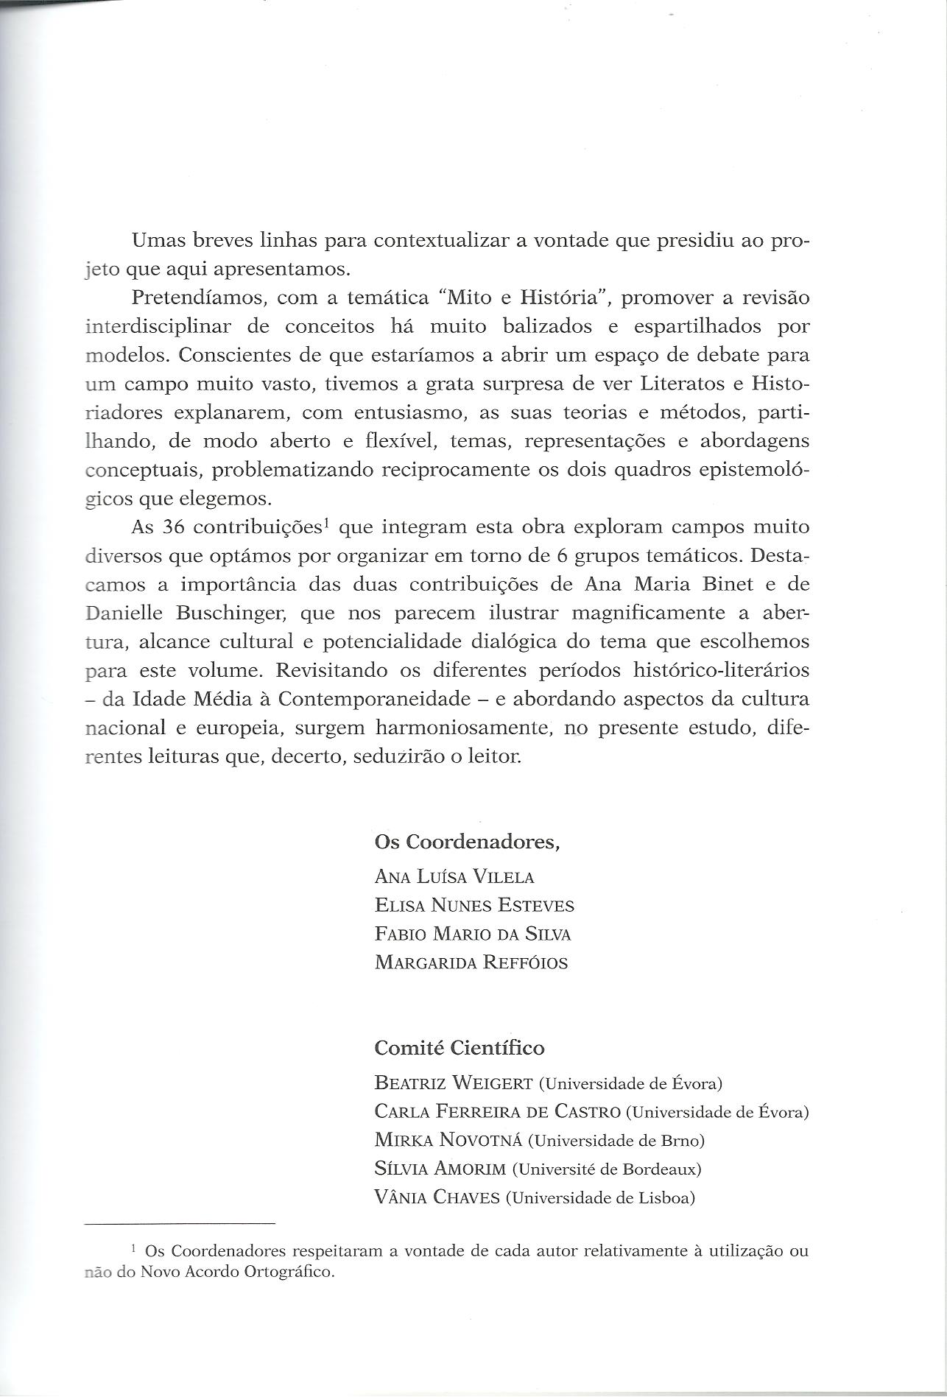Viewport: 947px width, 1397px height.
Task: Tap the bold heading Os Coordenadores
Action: [467, 842]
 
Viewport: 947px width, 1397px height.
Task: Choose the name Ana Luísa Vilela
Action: [454, 876]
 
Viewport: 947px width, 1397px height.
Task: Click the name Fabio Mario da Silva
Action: [473, 934]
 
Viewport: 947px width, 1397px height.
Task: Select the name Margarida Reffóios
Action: [471, 963]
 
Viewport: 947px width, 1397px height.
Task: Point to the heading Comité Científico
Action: [460, 1048]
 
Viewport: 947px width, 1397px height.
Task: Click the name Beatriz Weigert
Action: [454, 1083]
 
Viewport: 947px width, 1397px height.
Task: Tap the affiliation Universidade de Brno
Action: [616, 1141]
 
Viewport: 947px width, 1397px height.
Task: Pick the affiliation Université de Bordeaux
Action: [607, 1169]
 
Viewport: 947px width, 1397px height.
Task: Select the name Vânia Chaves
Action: [437, 1198]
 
